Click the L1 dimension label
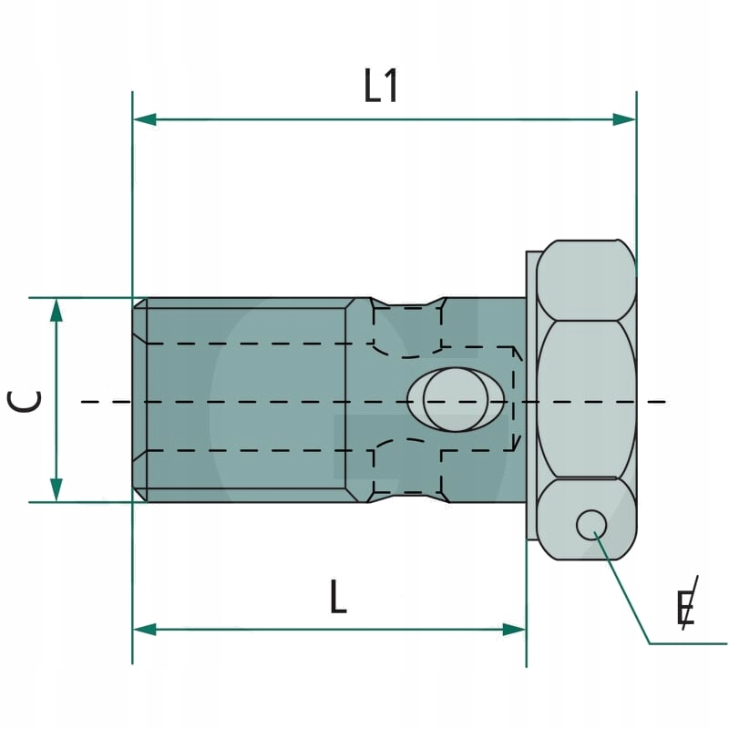381,87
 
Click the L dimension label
338,598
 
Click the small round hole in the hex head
590,524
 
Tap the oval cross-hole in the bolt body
456,400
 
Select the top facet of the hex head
586,280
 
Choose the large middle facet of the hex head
586,399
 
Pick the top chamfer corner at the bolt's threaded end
139,303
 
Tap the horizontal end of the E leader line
693,644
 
